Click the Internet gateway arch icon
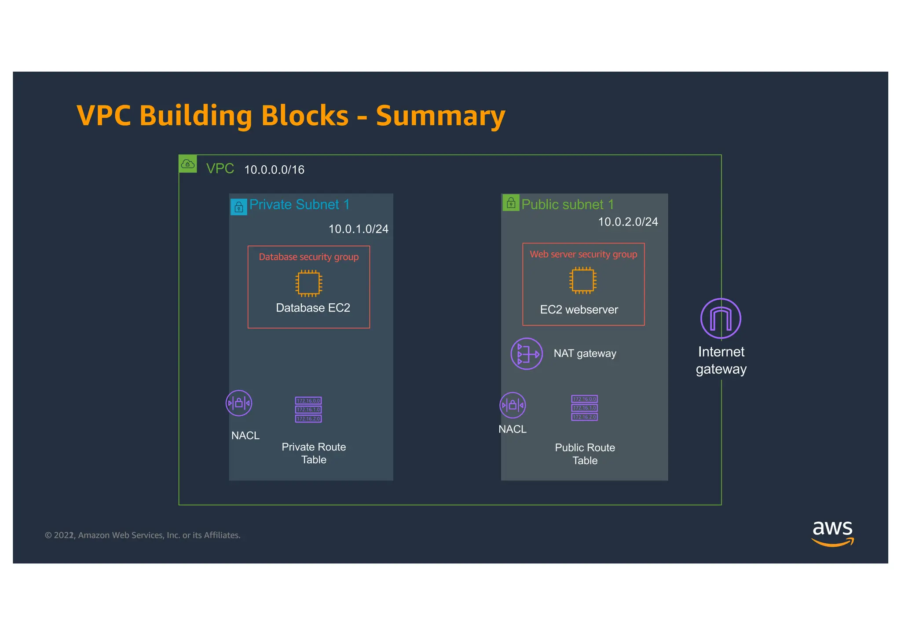pyautogui.click(x=721, y=319)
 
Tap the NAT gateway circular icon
pyautogui.click(x=526, y=354)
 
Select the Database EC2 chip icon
pyautogui.click(x=308, y=283)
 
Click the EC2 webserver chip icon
pyautogui.click(x=582, y=280)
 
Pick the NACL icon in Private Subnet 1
pyautogui.click(x=239, y=403)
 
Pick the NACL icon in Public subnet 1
pyautogui.click(x=513, y=405)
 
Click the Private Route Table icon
pyautogui.click(x=308, y=410)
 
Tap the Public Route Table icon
pyautogui.click(x=584, y=408)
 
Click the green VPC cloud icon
pyautogui.click(x=188, y=164)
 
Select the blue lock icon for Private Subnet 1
pyautogui.click(x=239, y=207)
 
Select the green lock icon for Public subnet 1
pyautogui.click(x=511, y=203)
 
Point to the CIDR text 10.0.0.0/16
pyautogui.click(x=274, y=170)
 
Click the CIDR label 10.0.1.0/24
pyautogui.click(x=358, y=229)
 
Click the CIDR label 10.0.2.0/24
pyautogui.click(x=628, y=222)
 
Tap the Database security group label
pyautogui.click(x=308, y=257)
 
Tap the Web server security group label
pyautogui.click(x=583, y=254)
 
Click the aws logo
pyautogui.click(x=832, y=533)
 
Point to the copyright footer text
pyautogui.click(x=143, y=535)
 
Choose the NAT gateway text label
pyautogui.click(x=585, y=353)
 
